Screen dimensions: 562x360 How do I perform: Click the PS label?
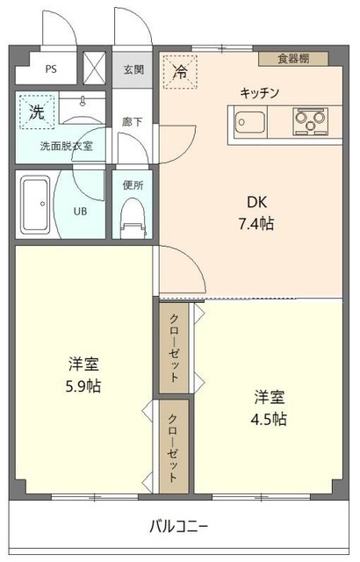(51, 68)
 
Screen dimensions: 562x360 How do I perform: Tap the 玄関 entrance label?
(133, 69)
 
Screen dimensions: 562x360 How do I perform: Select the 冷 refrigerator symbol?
(180, 71)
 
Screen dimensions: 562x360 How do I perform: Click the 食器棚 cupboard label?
(293, 59)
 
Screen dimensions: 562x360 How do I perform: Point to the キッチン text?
(261, 92)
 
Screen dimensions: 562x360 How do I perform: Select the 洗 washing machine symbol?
(36, 112)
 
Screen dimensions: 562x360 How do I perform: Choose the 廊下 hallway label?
(132, 124)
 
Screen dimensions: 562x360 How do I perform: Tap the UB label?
(80, 211)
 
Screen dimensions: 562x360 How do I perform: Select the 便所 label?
(133, 185)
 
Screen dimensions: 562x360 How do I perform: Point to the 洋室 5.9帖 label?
(81, 373)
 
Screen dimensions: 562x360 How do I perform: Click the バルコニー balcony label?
(178, 526)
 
